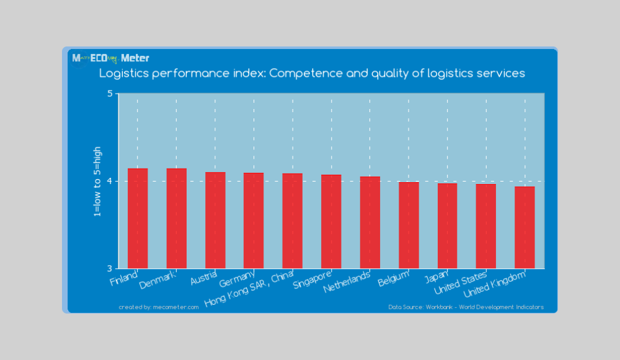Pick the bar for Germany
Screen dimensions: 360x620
(x=254, y=221)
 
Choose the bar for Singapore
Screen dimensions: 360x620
(x=331, y=221)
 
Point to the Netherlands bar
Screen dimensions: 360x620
(x=370, y=222)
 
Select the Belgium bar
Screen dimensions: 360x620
(x=409, y=225)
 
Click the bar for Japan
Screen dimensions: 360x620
(x=447, y=226)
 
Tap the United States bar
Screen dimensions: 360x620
(x=486, y=226)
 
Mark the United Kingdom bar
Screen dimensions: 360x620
(x=525, y=227)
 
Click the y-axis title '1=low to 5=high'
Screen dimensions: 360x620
(x=97, y=181)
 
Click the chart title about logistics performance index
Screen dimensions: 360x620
(x=312, y=73)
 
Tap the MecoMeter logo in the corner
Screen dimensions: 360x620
(x=110, y=58)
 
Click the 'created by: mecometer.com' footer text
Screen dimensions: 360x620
(x=159, y=307)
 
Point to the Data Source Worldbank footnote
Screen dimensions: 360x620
(x=466, y=307)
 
